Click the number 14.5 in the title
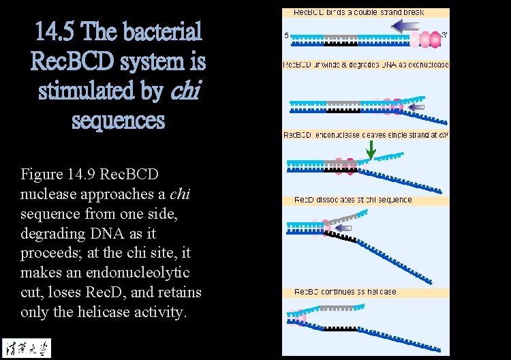(x=57, y=31)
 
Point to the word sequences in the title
(x=118, y=121)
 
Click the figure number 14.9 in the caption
(x=81, y=174)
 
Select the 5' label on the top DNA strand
(x=287, y=35)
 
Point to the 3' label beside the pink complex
(x=445, y=34)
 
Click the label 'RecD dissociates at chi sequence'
(x=353, y=200)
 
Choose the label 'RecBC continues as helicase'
(x=345, y=292)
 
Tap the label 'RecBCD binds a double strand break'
(x=352, y=12)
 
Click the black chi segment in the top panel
(x=336, y=44)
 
